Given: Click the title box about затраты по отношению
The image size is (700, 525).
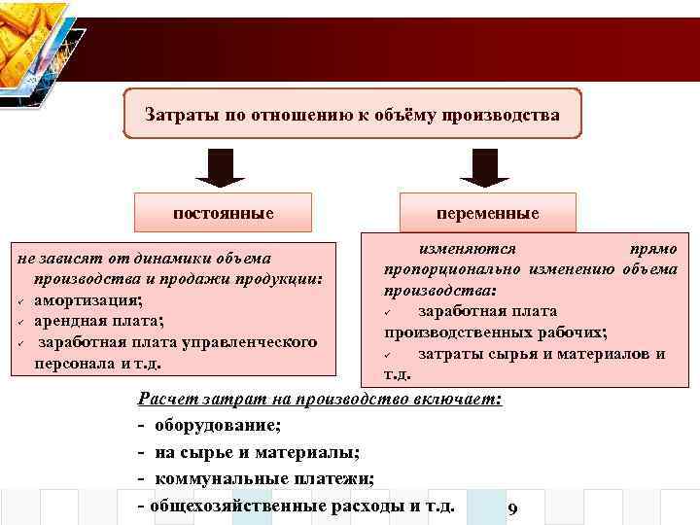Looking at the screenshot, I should pos(352,115).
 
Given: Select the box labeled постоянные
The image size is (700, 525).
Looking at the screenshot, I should pos(223,212).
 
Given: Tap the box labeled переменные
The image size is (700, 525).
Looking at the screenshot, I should pos(487,212).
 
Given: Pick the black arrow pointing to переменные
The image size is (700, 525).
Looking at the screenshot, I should pos(484,167).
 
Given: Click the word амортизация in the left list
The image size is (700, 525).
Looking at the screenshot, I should pos(87,299).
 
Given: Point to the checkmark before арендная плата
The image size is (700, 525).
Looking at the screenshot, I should pos(18,322).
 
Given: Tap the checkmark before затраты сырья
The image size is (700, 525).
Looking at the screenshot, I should pos(386,354).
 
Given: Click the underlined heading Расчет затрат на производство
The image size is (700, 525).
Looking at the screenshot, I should pos(320,399).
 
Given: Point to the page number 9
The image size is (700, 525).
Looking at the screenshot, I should pos(512,510).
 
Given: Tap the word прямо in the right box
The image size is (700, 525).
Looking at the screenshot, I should pos(653,249).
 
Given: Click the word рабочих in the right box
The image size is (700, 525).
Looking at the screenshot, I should pos(575,332).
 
